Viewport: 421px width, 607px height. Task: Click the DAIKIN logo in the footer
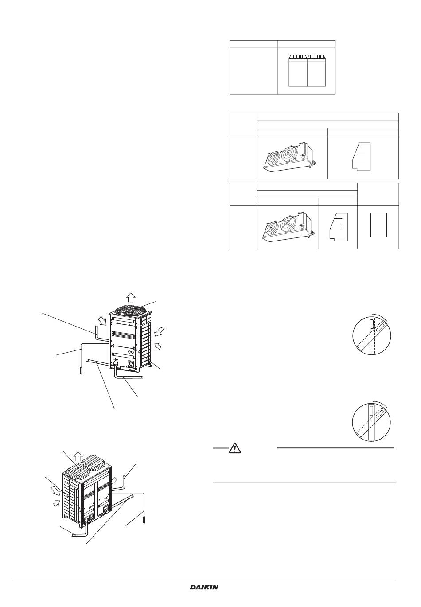tap(204, 587)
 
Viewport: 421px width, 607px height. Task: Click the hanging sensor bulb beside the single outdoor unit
tap(81, 370)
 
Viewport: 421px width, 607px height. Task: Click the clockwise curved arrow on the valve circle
tap(380, 315)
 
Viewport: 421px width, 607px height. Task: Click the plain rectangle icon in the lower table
tap(378, 225)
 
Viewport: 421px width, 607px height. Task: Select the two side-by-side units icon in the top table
tap(307, 71)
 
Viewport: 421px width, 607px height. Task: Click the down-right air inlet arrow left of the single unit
tap(102, 321)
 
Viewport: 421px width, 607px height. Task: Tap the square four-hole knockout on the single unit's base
tap(132, 364)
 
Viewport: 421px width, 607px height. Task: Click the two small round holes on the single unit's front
tap(131, 352)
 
